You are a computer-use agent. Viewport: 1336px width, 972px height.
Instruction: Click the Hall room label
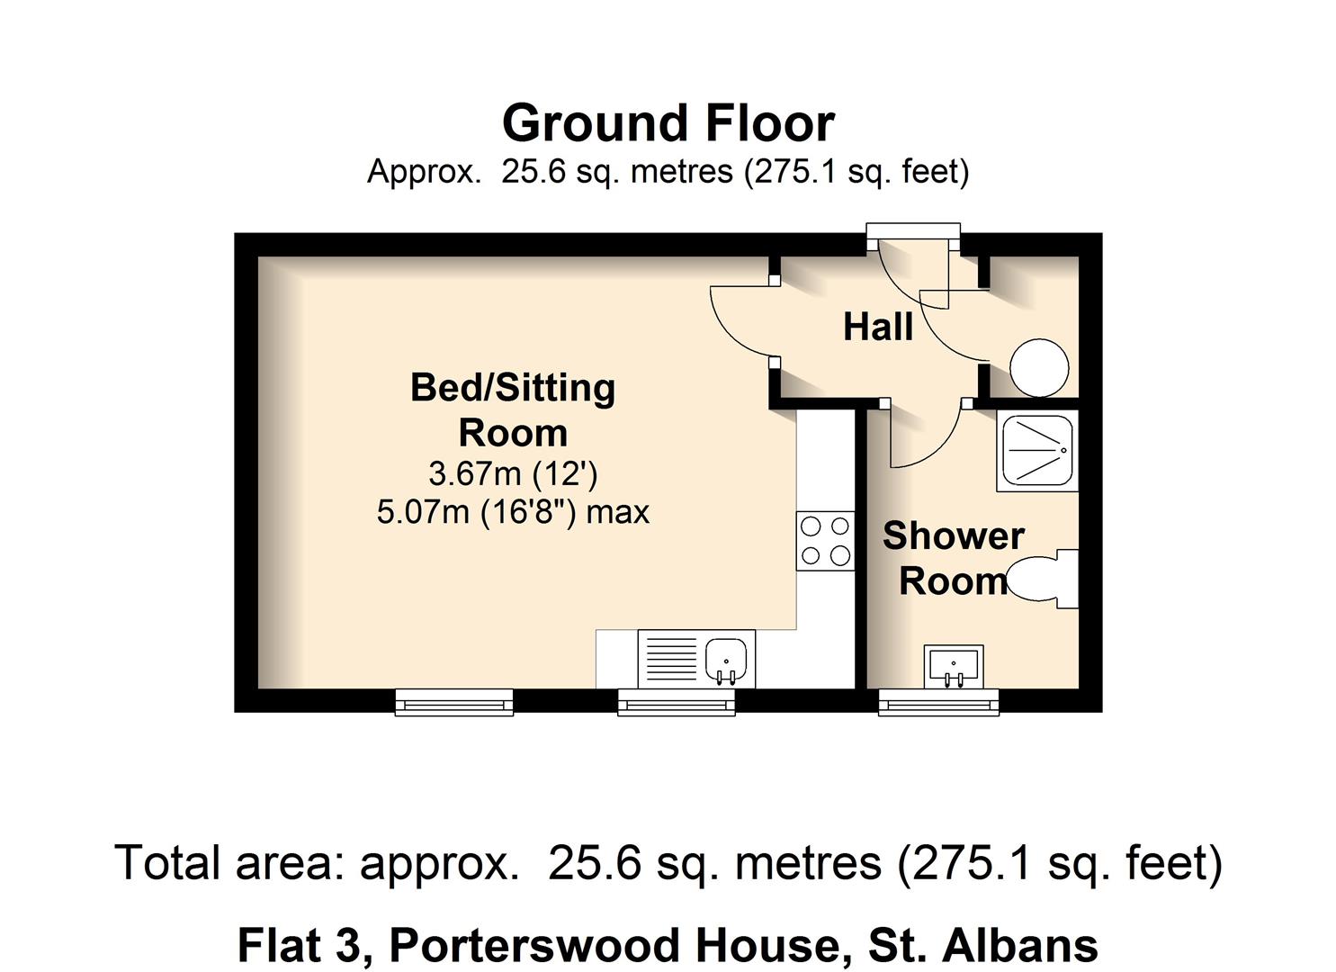878,327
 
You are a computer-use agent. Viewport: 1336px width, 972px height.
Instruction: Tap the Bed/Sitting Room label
513,409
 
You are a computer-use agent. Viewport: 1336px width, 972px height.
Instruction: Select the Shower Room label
953,558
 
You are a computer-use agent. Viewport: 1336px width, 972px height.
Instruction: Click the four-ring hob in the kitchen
825,541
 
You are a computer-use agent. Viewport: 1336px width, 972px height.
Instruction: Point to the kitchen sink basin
727,658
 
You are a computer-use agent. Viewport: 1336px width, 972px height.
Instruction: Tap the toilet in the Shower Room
1044,579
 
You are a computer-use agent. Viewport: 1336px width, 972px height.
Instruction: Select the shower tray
1037,452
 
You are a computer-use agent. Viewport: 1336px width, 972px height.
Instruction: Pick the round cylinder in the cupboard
1039,367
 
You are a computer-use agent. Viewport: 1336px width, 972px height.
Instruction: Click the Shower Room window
938,702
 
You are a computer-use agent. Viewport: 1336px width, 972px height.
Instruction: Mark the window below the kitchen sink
676,702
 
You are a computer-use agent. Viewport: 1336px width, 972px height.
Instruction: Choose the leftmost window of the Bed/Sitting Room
454,702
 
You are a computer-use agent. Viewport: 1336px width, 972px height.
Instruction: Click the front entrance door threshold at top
912,232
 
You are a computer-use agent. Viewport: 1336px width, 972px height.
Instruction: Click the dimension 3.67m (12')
513,473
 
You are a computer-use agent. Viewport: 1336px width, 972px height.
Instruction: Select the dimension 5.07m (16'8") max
513,512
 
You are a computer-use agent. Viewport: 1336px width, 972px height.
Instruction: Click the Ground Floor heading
668,123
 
